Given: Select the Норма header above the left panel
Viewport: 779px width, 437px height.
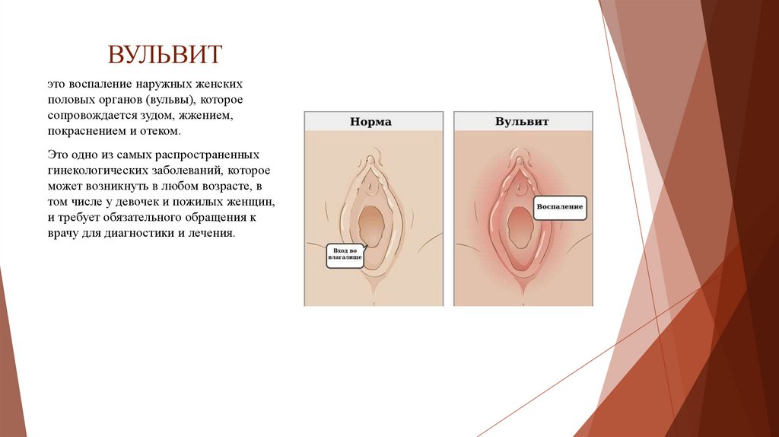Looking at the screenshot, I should [x=370, y=121].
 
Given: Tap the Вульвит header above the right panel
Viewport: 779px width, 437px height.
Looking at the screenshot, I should [x=522, y=121].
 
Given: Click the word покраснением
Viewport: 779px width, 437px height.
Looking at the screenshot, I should [x=85, y=131].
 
